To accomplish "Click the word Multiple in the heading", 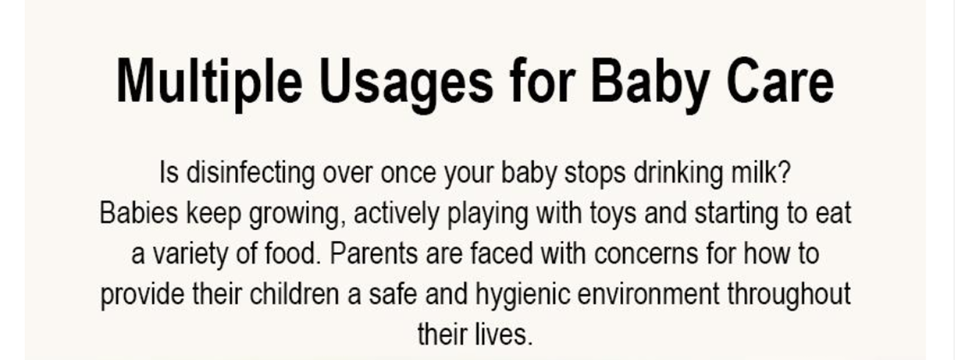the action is pyautogui.click(x=209, y=81).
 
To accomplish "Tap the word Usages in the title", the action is pyautogui.click(x=407, y=84).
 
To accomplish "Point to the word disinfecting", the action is pyautogui.click(x=251, y=173).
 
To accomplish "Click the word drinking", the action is pyautogui.click(x=678, y=173).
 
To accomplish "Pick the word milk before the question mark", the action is pyautogui.click(x=752, y=172).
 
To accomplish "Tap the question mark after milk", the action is pyautogui.click(x=783, y=172).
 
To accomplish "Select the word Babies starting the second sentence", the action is pyautogui.click(x=139, y=212).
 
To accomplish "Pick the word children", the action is pyautogui.click(x=294, y=293).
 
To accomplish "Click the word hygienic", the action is pyautogui.click(x=523, y=295).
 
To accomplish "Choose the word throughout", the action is pyautogui.click(x=789, y=295).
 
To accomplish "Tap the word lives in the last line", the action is pyautogui.click(x=503, y=334).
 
